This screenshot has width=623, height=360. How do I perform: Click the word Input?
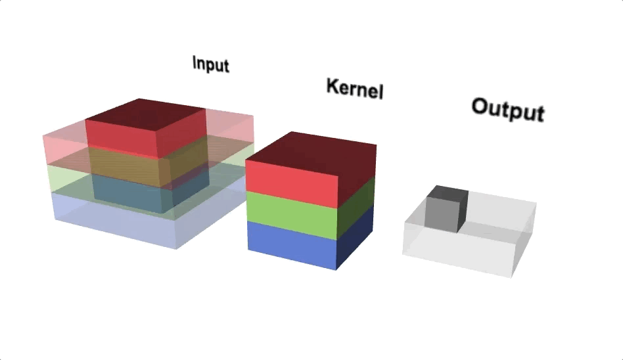tap(210, 64)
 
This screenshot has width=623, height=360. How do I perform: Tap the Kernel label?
tap(354, 88)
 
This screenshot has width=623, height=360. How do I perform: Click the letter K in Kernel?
tap(333, 85)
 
